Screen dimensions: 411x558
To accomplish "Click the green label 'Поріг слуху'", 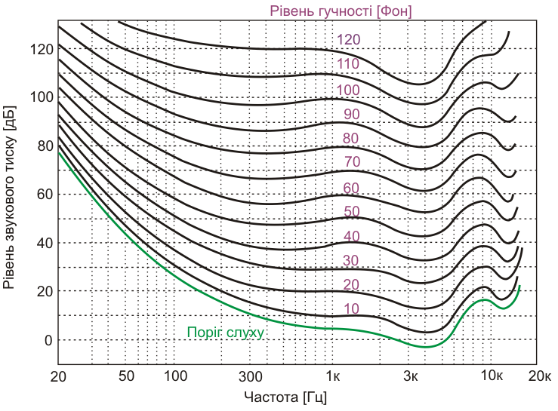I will click(225, 333).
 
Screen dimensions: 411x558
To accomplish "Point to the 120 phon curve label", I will click(349, 40).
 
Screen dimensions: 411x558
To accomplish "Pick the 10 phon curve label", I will click(352, 308).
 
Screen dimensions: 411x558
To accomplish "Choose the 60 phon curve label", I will click(352, 187).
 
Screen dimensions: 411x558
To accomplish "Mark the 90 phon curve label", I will click(352, 114).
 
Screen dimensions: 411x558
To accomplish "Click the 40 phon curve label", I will click(352, 236).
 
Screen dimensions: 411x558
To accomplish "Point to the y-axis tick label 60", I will click(45, 195).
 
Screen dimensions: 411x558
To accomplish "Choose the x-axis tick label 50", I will click(127, 376).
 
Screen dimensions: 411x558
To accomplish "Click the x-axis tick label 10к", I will click(490, 376).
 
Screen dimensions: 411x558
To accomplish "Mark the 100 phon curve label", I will click(348, 90).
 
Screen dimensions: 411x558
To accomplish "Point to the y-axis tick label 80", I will click(45, 146).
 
